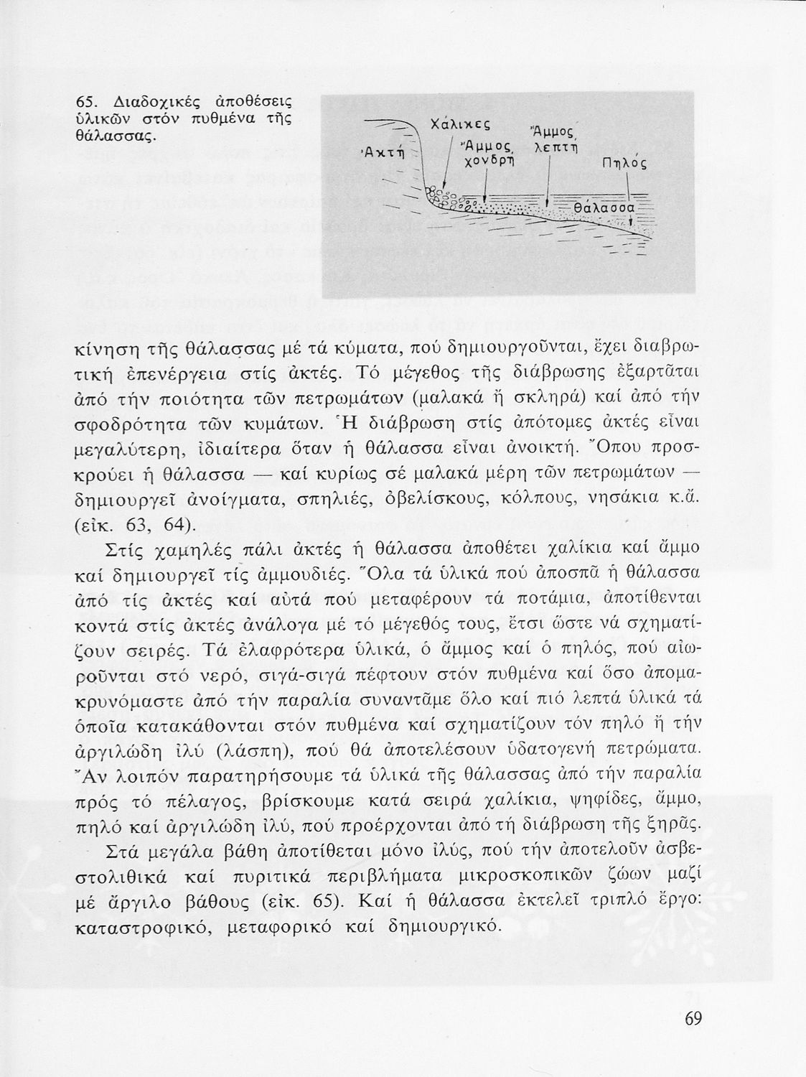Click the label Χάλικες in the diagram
click(x=459, y=124)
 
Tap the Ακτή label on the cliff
click(x=383, y=151)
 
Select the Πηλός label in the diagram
click(x=624, y=164)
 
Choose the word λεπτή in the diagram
click(x=557, y=147)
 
